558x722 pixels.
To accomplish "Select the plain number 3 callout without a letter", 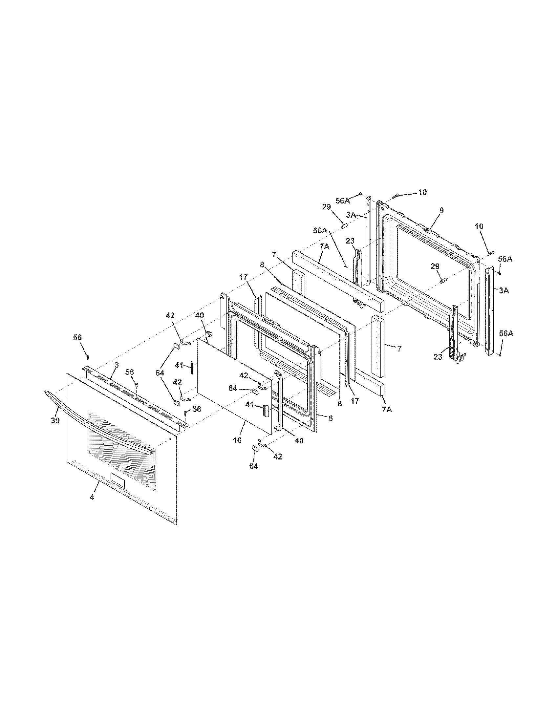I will click(117, 365).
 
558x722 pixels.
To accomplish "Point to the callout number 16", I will click(237, 440).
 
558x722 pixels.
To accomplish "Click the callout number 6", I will click(331, 418).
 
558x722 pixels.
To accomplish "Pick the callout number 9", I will click(441, 210).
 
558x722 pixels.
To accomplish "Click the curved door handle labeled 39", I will click(99, 427).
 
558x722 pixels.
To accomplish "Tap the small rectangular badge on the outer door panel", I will click(118, 480).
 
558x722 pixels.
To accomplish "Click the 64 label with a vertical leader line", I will click(254, 466).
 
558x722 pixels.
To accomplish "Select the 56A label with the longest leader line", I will click(320, 231).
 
